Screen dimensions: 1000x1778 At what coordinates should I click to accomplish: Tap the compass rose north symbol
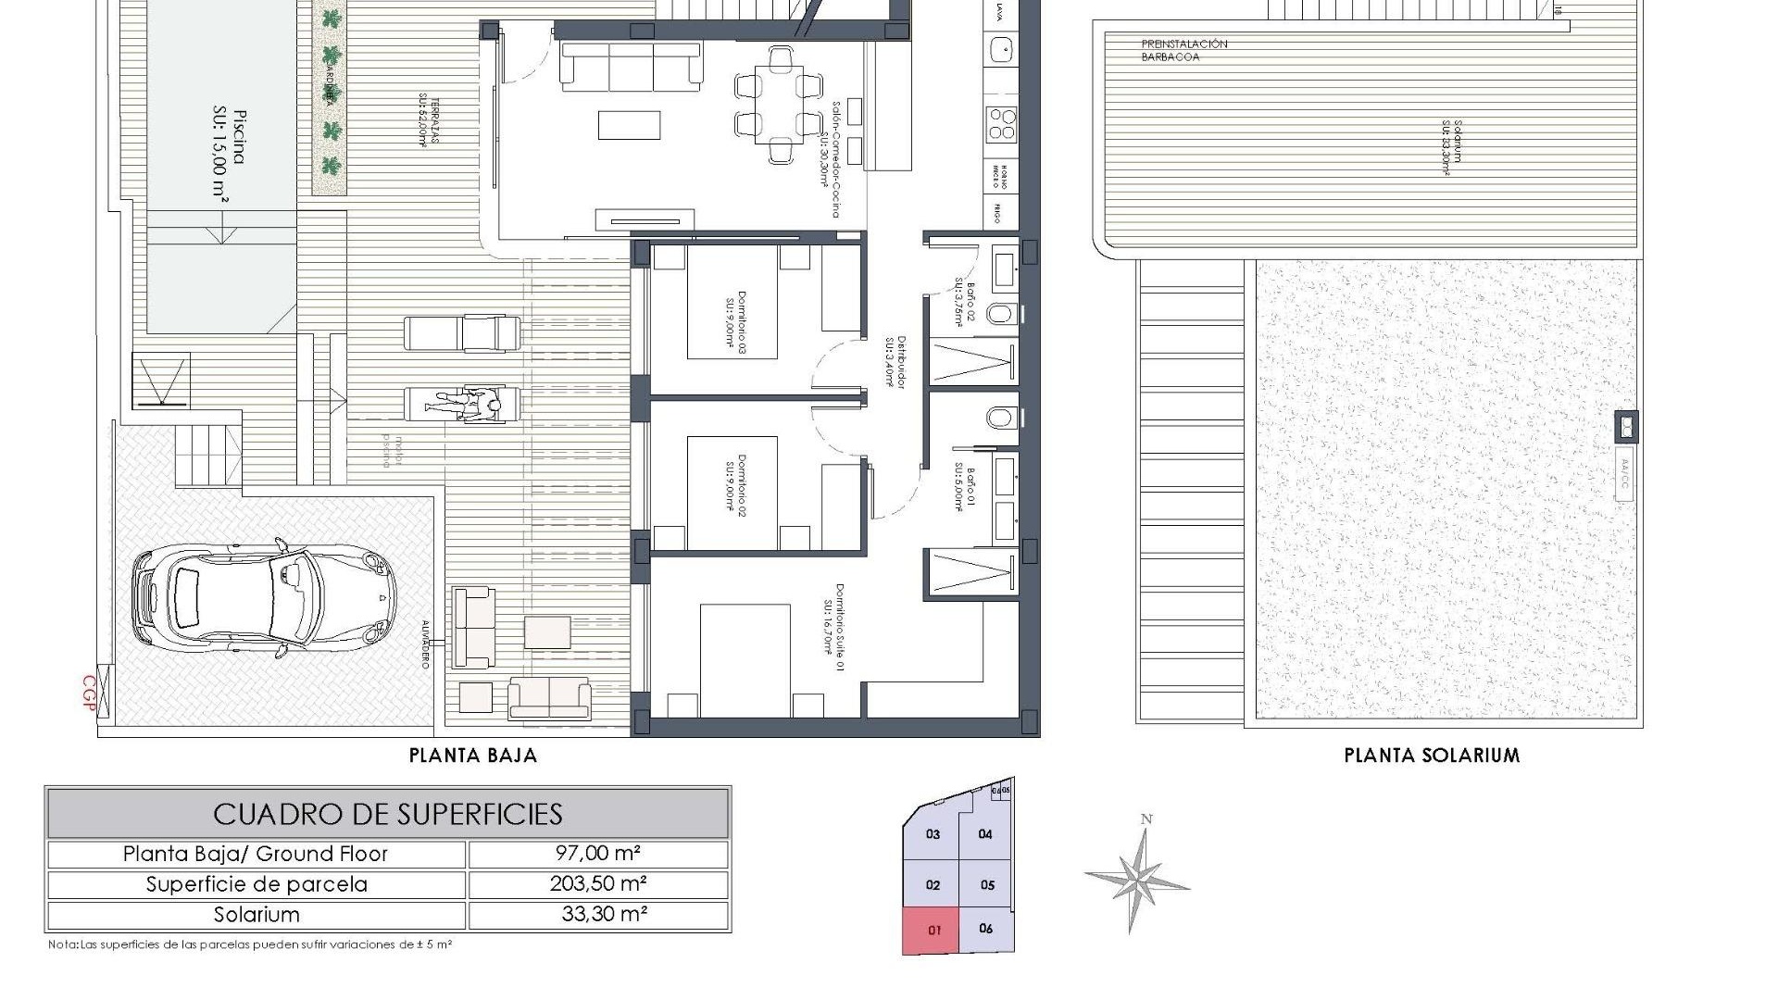1138,875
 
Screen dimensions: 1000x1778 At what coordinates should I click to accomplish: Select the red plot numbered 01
933,930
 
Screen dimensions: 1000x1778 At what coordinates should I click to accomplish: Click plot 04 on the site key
985,834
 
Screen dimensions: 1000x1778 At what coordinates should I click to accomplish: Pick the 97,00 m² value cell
598,854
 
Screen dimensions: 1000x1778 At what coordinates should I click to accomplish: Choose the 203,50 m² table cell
598,884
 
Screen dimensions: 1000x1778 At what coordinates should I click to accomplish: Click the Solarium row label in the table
257,915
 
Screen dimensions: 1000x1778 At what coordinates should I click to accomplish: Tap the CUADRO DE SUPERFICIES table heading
387,814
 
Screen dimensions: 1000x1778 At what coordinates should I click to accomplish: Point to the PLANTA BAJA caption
473,756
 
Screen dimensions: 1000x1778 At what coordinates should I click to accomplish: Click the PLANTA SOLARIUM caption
1432,756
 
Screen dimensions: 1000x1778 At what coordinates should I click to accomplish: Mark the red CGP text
90,693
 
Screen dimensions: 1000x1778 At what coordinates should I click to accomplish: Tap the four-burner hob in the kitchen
1001,123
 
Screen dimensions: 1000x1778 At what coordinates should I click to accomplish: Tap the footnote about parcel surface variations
250,945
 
